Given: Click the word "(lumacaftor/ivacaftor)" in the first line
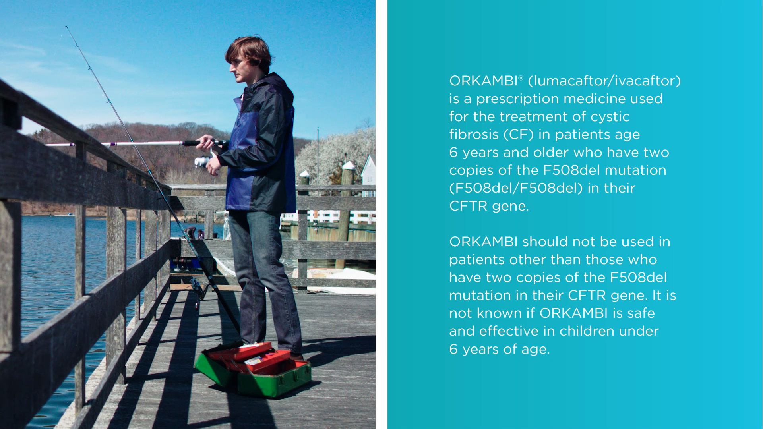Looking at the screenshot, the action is point(604,81).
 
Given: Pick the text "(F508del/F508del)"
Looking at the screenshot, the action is point(516,188).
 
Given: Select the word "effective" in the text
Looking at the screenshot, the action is point(507,331).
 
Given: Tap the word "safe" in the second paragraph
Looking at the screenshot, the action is point(640,313).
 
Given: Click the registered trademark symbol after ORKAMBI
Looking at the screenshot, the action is point(521,77).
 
